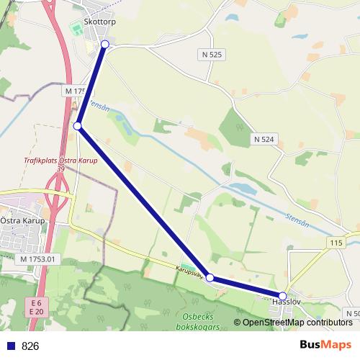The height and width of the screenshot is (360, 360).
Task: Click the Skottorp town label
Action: [100, 22]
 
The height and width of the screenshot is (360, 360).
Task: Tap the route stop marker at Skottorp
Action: [105, 45]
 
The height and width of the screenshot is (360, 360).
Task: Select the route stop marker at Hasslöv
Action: [283, 296]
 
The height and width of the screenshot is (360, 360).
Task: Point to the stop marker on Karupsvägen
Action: [210, 277]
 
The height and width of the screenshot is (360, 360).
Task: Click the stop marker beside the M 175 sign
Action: [77, 127]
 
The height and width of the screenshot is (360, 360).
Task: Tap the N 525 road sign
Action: [211, 54]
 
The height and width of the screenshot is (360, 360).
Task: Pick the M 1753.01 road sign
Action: [37, 258]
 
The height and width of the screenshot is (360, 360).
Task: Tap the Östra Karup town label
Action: [22, 220]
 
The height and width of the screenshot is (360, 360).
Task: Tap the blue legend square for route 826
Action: [10, 346]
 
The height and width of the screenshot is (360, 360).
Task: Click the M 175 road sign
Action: [74, 91]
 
